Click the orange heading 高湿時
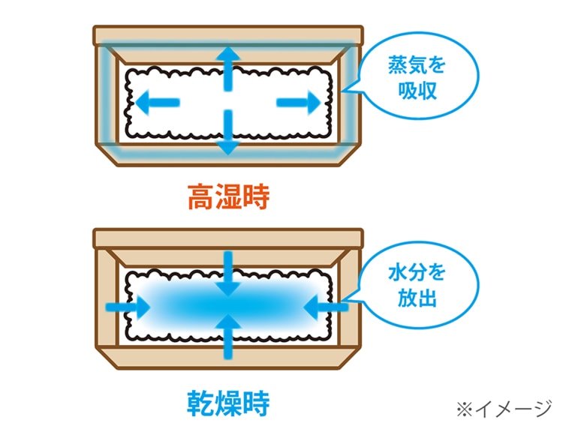pos(227,198)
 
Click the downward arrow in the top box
pos(227,136)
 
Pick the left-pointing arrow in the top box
pos(158,101)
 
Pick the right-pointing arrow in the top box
pos(297,101)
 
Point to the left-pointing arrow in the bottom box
pos(327,306)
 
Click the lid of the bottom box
pos(227,238)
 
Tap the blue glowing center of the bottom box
pos(227,305)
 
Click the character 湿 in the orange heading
pos(227,198)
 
